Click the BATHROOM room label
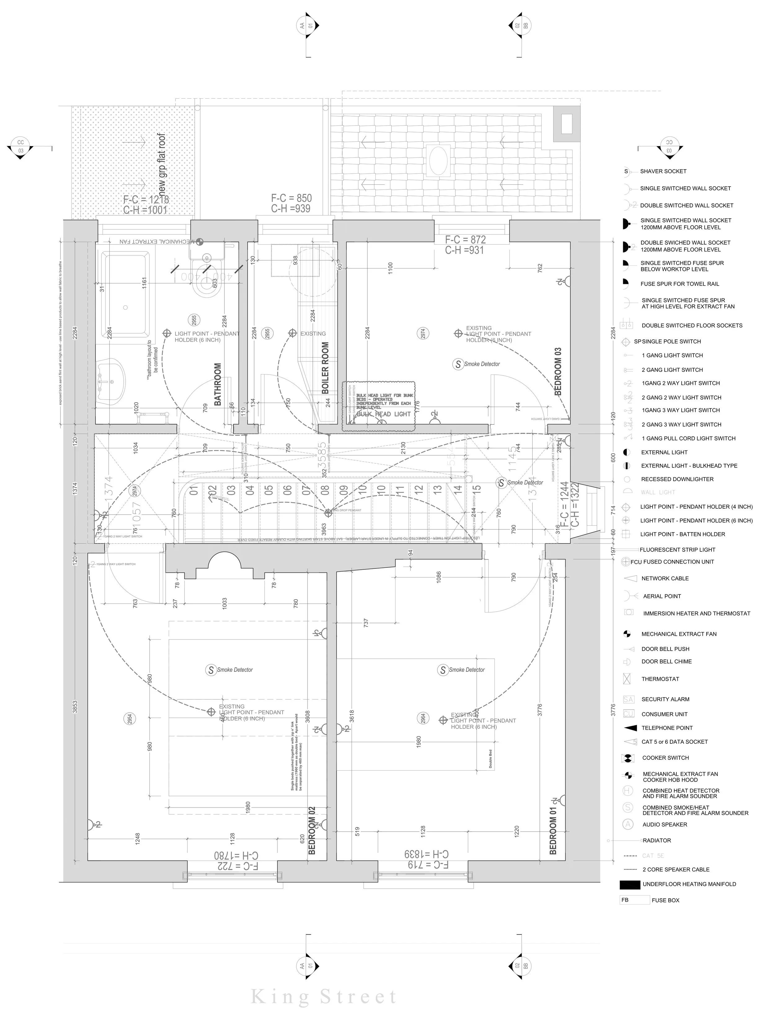tap(218, 384)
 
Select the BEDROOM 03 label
tap(558, 371)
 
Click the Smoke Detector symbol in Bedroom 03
tap(458, 364)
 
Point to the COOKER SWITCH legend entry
tap(665, 758)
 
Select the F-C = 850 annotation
tap(291, 198)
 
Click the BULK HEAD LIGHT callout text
tap(383, 414)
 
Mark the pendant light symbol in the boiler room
tap(292, 333)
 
